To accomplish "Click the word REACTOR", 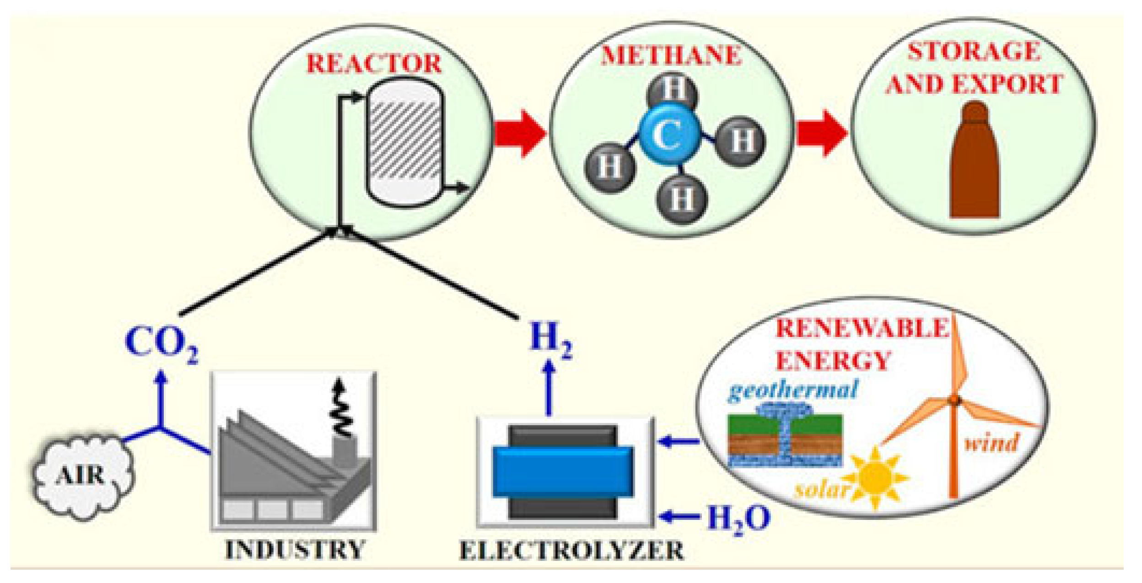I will click(x=374, y=64).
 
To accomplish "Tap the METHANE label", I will click(x=671, y=55).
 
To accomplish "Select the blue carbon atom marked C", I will click(x=668, y=135).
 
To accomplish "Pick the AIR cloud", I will click(x=81, y=476).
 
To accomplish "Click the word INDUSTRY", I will click(x=295, y=549).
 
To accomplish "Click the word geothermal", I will click(x=793, y=390).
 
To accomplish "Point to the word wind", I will click(x=991, y=443).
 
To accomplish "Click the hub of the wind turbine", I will click(x=954, y=401).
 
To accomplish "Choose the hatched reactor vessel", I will click(x=404, y=142).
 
